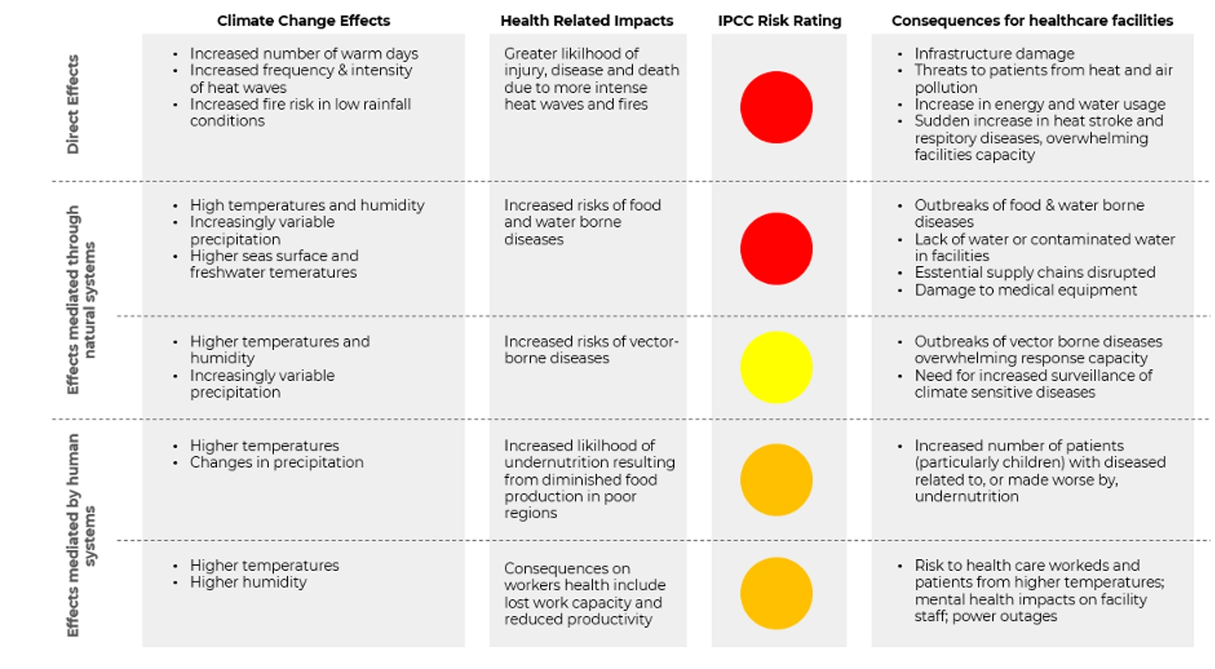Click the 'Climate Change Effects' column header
click(303, 21)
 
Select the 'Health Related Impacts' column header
click(586, 21)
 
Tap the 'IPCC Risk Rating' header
click(779, 21)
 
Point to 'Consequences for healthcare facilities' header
click(1032, 21)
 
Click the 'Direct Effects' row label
click(73, 104)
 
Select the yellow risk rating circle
click(776, 367)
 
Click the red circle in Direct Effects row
click(776, 107)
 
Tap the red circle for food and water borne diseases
click(776, 248)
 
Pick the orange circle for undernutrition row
click(776, 479)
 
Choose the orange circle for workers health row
click(776, 593)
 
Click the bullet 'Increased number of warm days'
click(304, 53)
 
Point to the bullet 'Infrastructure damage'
click(994, 53)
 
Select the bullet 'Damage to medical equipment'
click(1025, 289)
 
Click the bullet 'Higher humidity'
click(248, 582)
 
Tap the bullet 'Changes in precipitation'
click(276, 462)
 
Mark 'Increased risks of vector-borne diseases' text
click(591, 349)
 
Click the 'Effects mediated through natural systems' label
click(81, 300)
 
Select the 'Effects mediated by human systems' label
click(81, 535)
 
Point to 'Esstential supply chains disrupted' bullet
click(1034, 272)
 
